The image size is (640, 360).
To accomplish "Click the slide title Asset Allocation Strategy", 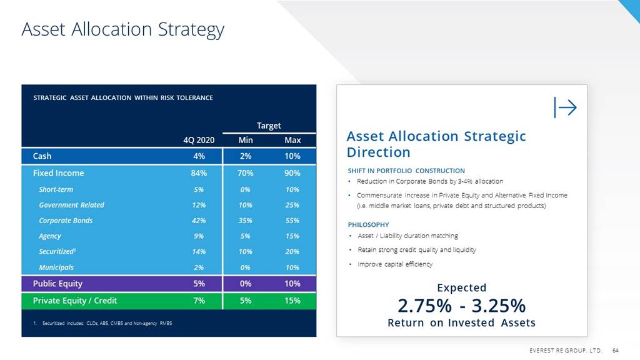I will coord(122,29).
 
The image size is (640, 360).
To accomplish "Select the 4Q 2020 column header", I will coord(199,140).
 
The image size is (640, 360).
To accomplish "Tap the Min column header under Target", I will coord(246,140).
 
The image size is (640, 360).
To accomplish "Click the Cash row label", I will coord(42,156).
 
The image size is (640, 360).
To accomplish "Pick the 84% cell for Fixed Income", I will coord(199,173).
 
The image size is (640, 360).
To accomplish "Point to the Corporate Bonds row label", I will coord(66,221).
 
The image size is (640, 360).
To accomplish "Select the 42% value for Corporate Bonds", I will coord(199,221).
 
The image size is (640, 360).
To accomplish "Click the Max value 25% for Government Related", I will coord(292,205).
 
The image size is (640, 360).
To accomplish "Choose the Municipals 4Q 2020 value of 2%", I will coord(199,267).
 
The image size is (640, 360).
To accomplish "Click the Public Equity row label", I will coord(57,284).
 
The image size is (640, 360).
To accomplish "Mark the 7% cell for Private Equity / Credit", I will coord(199,301).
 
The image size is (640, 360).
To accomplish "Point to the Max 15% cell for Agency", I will coord(292,236).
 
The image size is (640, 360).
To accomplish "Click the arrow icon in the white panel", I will coord(565,107).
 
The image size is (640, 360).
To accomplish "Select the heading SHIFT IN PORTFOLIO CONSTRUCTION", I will coord(406,171).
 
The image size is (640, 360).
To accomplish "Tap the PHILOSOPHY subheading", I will coord(368,224).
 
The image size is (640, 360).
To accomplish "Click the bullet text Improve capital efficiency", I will coord(394,264).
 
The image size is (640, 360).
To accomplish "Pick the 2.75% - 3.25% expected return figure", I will coord(461,306).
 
